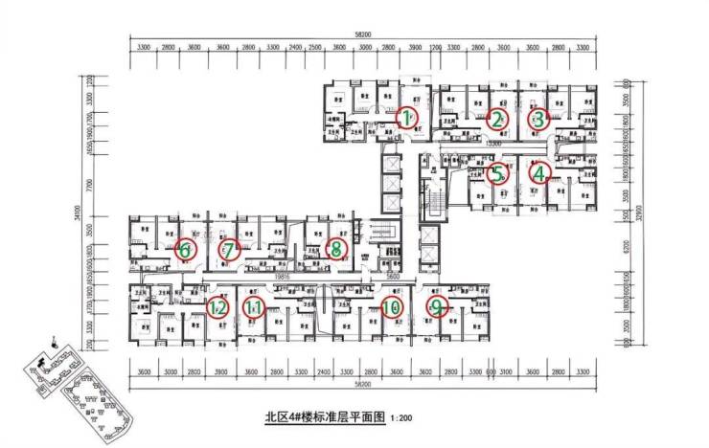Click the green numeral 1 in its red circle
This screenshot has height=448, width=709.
point(408,119)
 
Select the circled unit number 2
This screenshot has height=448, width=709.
point(495,119)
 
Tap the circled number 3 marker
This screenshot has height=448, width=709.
point(537,119)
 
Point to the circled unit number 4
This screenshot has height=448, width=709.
point(540,174)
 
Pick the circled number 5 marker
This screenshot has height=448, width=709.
point(495,174)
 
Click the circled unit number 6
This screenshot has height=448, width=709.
point(186,250)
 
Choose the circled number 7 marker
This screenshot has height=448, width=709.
point(229,250)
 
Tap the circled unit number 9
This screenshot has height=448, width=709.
point(438,306)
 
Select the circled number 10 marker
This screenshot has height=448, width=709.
point(390,307)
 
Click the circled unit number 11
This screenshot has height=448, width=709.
point(253,307)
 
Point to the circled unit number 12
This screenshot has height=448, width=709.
point(217,307)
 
